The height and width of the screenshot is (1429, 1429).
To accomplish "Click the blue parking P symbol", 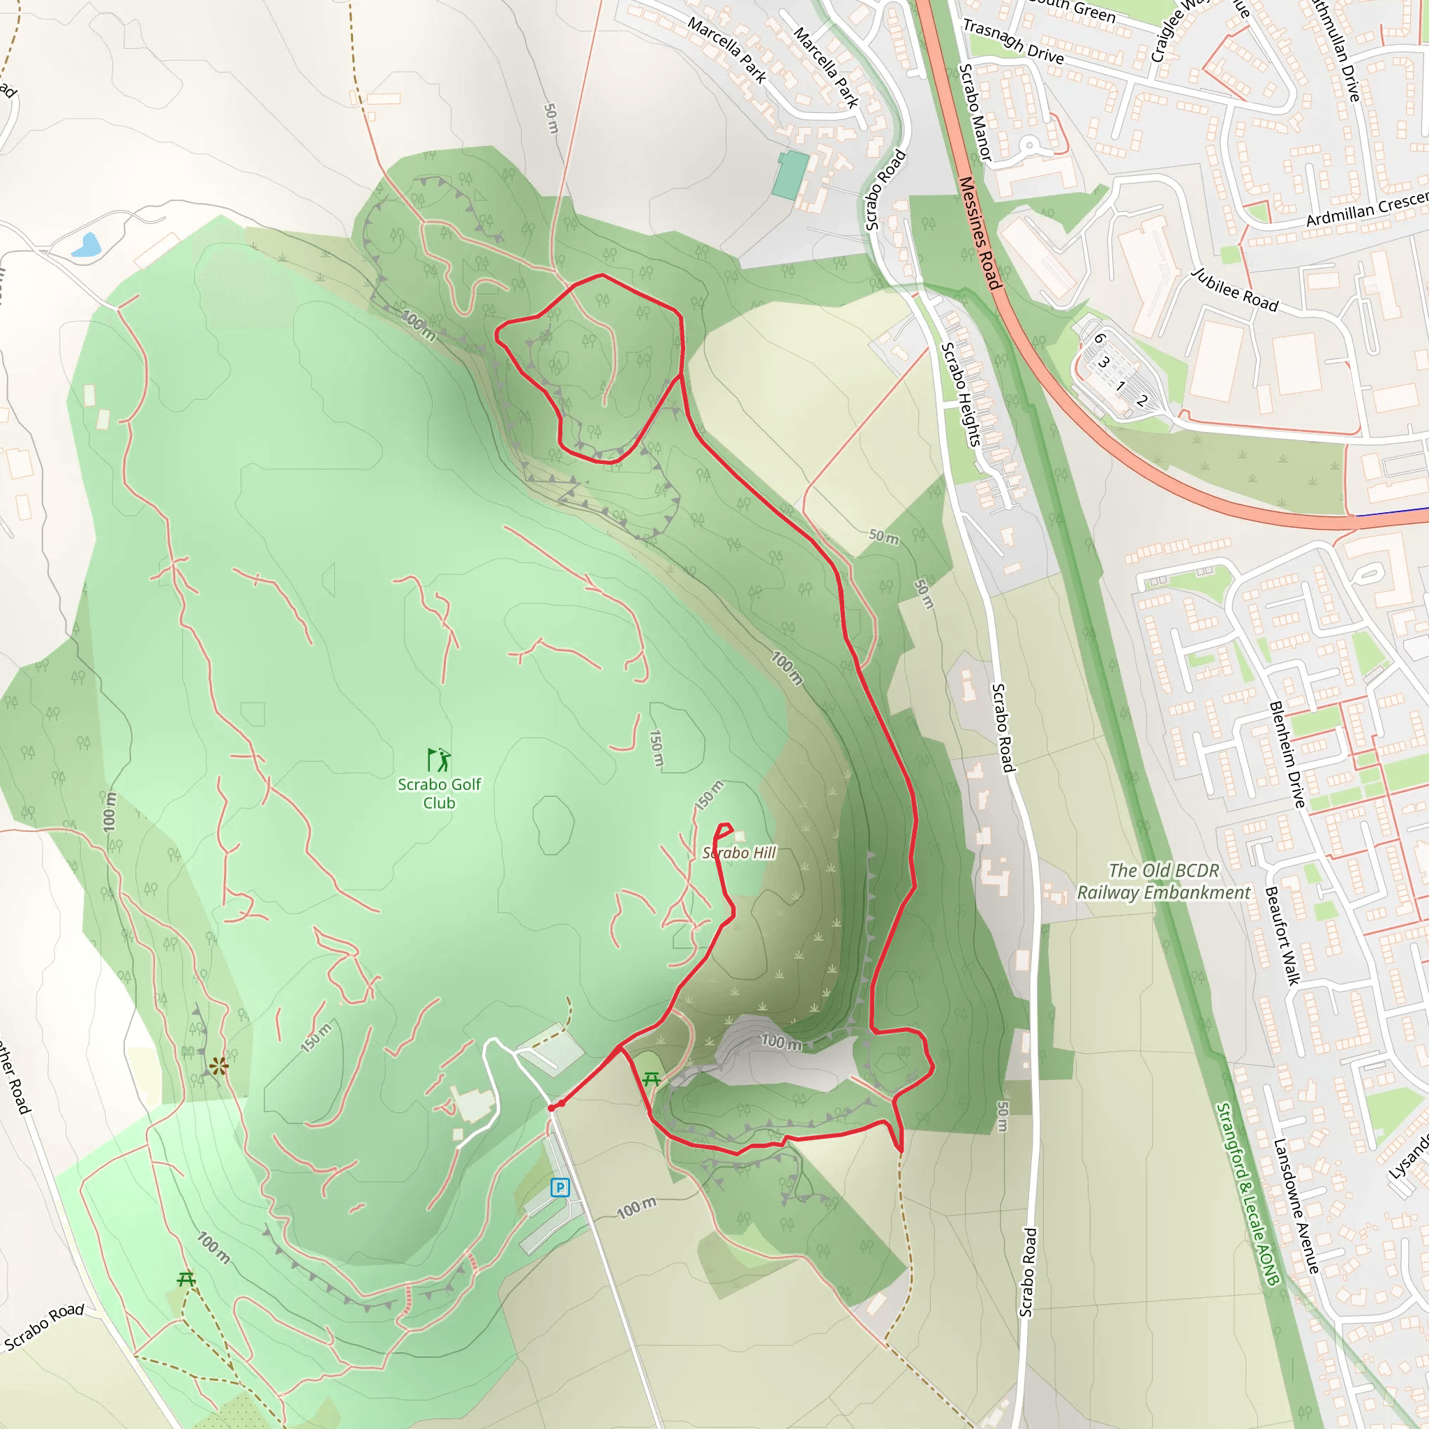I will [560, 1188].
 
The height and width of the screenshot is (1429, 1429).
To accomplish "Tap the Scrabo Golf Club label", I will [440, 793].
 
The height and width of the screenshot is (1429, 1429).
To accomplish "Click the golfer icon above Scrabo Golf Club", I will [440, 760].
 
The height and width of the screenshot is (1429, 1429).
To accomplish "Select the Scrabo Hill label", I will [739, 853].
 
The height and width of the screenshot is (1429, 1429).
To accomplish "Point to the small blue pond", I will [86, 245].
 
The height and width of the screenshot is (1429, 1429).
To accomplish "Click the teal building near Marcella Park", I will [791, 174].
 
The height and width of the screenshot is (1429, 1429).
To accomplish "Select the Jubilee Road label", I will [1235, 290].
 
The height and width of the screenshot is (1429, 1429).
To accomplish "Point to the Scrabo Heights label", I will [961, 394].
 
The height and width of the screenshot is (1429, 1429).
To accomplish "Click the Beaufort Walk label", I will [1282, 936].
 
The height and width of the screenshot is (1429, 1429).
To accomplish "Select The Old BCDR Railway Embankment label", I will [1163, 882].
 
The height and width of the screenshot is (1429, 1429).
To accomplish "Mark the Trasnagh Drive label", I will [1013, 41].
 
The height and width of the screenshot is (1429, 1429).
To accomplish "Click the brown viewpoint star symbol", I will [218, 1066].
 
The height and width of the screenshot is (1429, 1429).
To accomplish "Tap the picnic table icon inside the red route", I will [652, 1080].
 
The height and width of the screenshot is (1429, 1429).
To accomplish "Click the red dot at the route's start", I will [551, 1108].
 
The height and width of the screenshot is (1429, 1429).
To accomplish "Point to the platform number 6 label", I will [1100, 338].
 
